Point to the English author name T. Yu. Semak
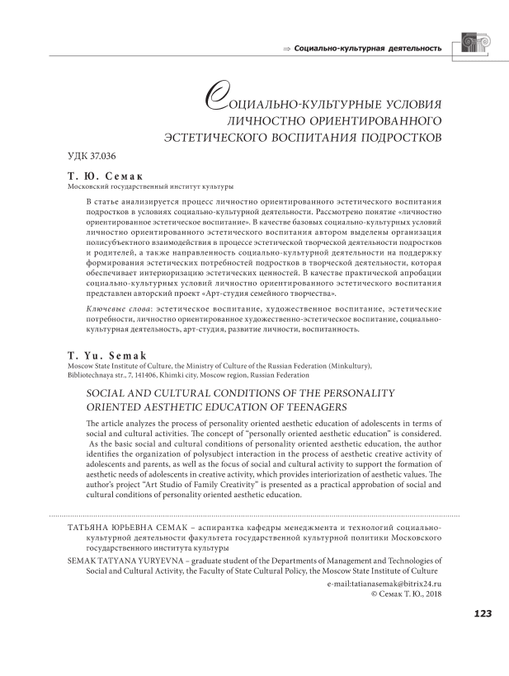coord(107,355)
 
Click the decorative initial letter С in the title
coord(214,102)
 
